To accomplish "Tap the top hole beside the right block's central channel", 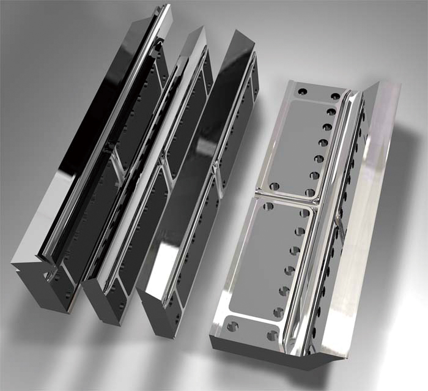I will coord(336,97).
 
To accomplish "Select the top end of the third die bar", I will coord(242,43).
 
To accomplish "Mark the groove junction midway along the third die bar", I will coord(214,168).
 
